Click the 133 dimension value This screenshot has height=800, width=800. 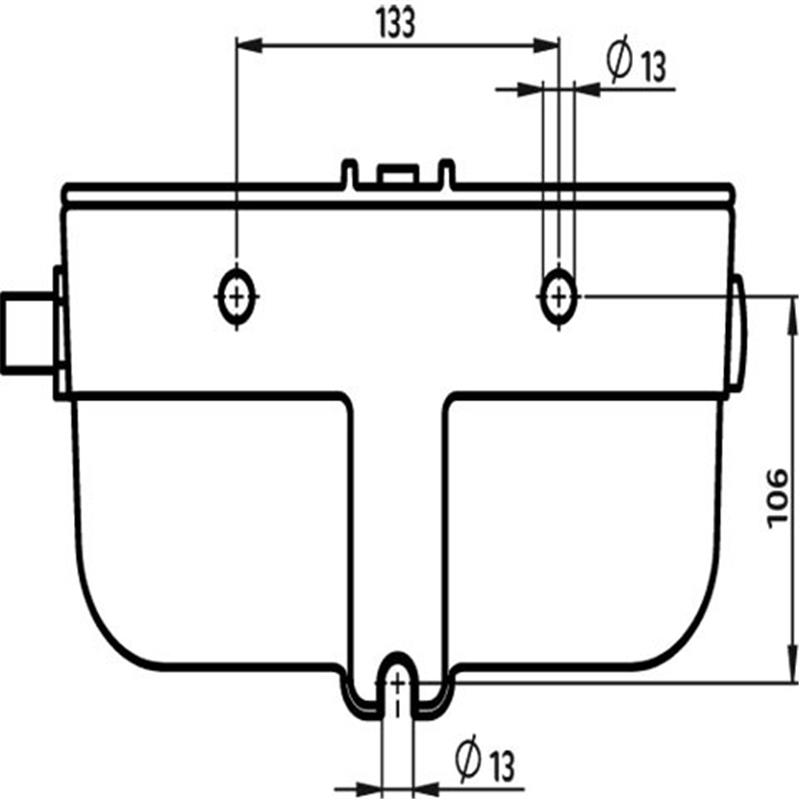coord(395,23)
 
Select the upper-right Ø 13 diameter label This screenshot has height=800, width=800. coord(636,62)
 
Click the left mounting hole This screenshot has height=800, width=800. coord(236,296)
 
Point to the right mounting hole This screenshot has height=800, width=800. coord(559,296)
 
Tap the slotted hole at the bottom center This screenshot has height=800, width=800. coord(397,685)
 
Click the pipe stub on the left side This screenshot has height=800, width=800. coord(29,333)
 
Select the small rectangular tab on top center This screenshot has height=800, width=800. coord(397,173)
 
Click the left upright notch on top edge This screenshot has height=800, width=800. coord(349,174)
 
